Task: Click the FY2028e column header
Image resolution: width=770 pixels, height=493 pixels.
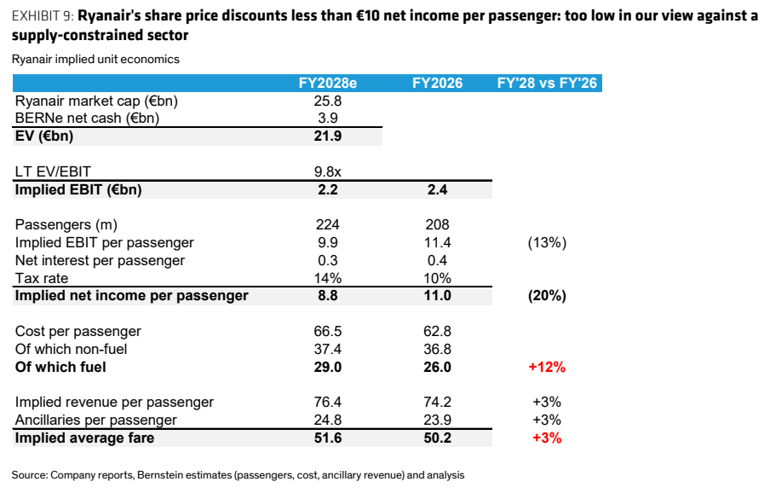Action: coord(328,83)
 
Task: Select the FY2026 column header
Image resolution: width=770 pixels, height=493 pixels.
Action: coord(437,83)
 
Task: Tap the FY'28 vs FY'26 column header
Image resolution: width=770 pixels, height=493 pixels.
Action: coord(547,83)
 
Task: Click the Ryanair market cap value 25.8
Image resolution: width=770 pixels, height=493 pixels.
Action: coord(328,101)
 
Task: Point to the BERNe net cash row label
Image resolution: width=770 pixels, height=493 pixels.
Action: coord(88,119)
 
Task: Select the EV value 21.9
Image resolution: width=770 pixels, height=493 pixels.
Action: coord(328,136)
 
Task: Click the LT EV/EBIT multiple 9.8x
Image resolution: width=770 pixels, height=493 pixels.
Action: coord(328,171)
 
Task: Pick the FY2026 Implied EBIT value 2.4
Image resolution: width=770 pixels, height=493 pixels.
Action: coord(437,189)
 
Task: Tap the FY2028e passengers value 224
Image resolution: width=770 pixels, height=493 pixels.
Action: coord(328,224)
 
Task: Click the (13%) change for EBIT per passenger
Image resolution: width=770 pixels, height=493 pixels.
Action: coord(547,243)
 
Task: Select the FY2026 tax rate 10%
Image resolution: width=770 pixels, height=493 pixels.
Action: coord(437,278)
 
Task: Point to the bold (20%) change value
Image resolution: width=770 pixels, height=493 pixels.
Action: coord(547,296)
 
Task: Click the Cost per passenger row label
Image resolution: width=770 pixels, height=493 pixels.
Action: coord(78,331)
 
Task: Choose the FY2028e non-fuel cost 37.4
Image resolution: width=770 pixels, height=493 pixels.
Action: coord(328,349)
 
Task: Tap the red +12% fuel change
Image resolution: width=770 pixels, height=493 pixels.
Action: coord(547,367)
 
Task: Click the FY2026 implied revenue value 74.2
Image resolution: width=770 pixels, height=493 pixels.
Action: coord(437,402)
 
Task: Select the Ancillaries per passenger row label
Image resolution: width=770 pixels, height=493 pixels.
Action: coord(95,420)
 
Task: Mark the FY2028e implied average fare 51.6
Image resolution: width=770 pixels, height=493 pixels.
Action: coord(328,438)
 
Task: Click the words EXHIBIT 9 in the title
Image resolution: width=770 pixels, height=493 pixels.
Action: coord(43,16)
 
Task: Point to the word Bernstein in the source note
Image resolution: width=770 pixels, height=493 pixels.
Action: coord(159,475)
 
